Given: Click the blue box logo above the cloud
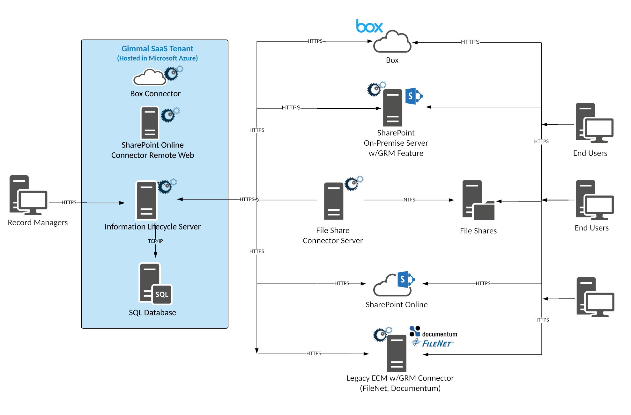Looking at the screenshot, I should [369, 26].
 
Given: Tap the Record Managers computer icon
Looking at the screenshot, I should [28, 195].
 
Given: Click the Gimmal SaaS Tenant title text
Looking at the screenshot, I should [157, 49].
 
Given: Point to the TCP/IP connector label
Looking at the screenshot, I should [155, 241].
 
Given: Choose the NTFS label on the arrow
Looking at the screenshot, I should [409, 200].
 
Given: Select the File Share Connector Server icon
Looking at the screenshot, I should [334, 201].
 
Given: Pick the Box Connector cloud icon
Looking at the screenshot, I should [150, 77].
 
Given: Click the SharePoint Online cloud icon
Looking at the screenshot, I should [392, 284].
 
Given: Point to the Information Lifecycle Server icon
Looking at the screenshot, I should [147, 200].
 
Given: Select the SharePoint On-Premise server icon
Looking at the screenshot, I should [393, 108].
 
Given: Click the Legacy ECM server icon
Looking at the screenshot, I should [397, 353].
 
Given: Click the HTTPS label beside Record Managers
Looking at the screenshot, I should [69, 202].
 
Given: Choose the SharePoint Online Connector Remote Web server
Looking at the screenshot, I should [150, 123].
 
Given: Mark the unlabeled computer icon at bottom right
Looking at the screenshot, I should [595, 297].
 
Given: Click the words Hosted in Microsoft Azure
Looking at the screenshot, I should [157, 58].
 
